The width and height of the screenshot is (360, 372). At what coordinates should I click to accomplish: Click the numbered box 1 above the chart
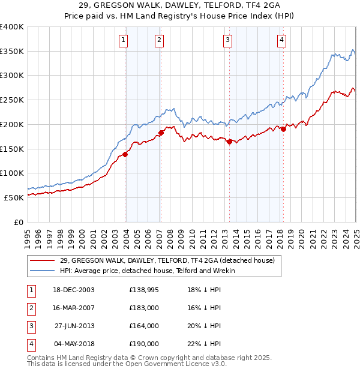123,40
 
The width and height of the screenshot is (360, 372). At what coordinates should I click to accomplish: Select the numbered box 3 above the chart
228,40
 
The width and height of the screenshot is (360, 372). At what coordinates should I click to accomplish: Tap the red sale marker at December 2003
125,154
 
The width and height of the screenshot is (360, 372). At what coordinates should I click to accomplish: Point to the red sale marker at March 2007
161,133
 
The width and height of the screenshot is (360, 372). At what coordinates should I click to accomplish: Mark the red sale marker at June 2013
229,142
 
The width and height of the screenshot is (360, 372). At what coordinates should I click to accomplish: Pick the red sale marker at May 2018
283,129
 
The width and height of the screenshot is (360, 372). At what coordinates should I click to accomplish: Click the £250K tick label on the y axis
12,100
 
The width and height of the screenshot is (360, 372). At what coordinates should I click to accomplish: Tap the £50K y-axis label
14,197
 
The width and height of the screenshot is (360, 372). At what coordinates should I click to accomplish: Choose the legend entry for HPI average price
148,271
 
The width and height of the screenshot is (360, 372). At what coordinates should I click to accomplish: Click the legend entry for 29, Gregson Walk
167,260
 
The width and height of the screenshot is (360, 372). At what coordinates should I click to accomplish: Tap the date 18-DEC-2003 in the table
74,290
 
